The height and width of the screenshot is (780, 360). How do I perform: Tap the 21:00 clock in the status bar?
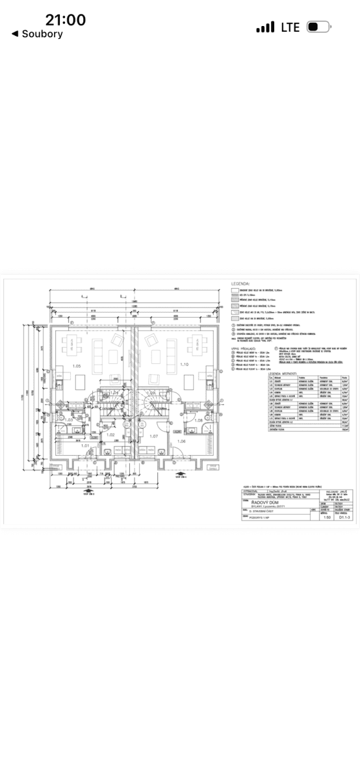coord(66,20)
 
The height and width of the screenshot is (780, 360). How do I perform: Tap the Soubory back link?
coord(37,34)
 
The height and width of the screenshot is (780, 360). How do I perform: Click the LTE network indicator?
coord(290,27)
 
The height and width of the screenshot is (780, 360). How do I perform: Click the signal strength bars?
coord(265,28)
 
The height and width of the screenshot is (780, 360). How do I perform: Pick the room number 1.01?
coord(86,446)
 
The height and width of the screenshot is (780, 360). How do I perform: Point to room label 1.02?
coord(111,435)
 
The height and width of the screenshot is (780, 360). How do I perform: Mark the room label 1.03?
coord(70,420)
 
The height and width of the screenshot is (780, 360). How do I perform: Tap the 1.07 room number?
coord(154,436)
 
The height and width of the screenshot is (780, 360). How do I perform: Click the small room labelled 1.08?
coord(199,421)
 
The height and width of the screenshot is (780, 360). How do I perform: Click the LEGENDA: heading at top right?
coord(241,284)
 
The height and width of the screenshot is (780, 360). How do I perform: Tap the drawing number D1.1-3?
coord(338,518)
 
